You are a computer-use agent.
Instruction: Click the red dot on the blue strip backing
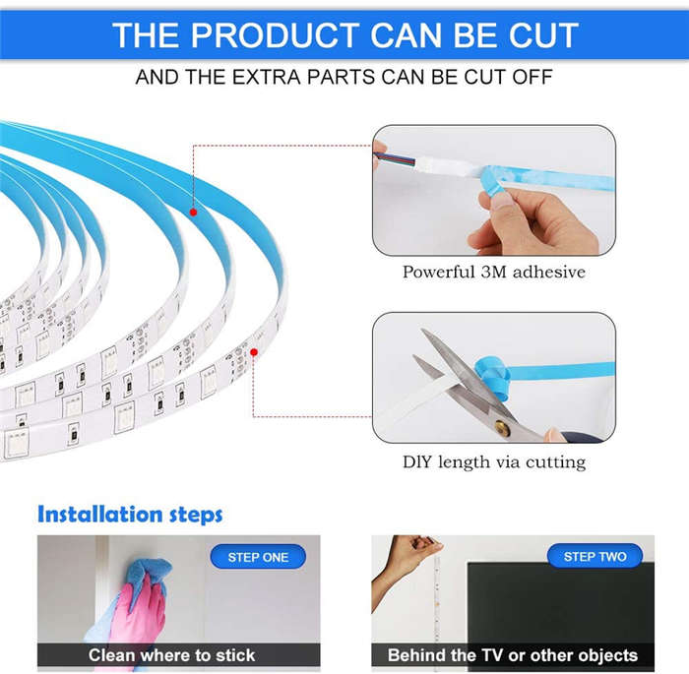click(193, 213)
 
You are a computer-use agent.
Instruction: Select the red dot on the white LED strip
click(254, 352)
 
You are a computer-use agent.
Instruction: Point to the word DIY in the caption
click(417, 462)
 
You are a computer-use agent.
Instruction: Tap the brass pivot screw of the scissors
click(502, 427)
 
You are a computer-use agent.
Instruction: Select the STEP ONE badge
click(258, 557)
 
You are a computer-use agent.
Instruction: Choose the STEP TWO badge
click(595, 556)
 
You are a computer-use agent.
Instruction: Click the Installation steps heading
click(130, 514)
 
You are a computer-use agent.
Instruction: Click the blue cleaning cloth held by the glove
click(148, 576)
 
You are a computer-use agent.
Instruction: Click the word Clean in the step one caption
click(111, 655)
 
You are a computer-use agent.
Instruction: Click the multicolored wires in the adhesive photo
click(394, 158)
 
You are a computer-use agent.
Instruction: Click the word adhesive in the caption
click(549, 272)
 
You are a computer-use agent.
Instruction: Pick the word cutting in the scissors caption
click(555, 463)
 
